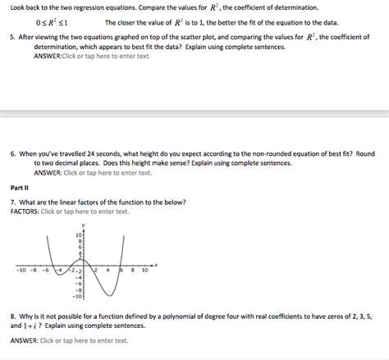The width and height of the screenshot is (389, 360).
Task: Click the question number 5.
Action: pyautogui.click(x=13, y=38)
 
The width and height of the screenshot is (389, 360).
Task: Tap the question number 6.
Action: pyautogui.click(x=13, y=153)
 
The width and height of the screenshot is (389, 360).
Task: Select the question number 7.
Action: pyautogui.click(x=13, y=202)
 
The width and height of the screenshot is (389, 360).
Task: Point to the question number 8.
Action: pyautogui.click(x=13, y=315)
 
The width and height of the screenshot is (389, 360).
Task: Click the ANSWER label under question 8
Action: pyautogui.click(x=25, y=340)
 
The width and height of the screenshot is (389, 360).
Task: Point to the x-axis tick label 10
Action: pyautogui.click(x=144, y=269)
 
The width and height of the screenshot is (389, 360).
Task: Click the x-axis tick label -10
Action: pyautogui.click(x=21, y=269)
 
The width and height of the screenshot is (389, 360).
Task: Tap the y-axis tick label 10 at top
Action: pyautogui.click(x=80, y=235)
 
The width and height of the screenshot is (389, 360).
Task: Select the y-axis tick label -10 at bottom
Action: pyautogui.click(x=79, y=296)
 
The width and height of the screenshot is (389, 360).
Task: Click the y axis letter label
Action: pyautogui.click(x=84, y=225)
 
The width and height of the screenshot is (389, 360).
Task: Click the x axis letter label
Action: pyautogui.click(x=155, y=265)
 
